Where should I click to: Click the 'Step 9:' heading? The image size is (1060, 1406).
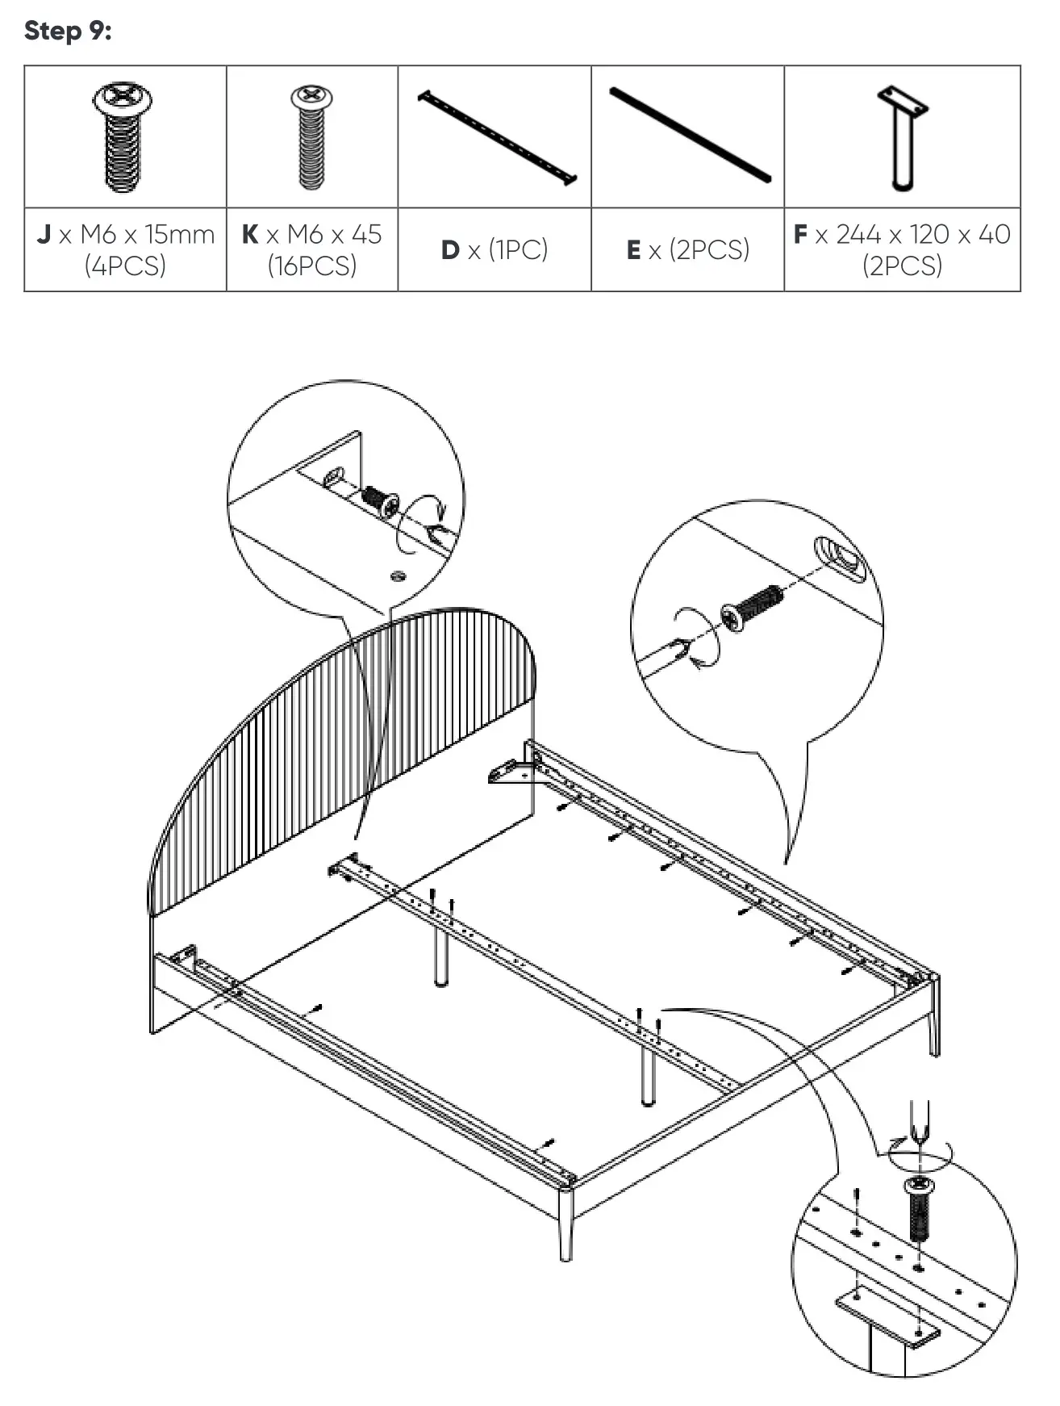(x=68, y=31)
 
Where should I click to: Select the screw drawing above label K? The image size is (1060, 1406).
(x=311, y=137)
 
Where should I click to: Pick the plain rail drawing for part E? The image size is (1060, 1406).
(x=690, y=135)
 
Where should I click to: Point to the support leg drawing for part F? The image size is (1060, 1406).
(x=903, y=137)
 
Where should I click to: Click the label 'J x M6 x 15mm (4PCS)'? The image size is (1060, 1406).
(x=125, y=249)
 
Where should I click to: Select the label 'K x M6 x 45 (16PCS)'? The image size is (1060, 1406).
(x=311, y=249)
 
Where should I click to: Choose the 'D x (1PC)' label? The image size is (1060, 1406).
(x=495, y=249)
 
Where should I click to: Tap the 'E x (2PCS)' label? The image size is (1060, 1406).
(x=688, y=249)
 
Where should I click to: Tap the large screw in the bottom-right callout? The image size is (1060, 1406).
(x=918, y=1211)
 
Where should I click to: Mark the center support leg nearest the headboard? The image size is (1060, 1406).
(x=441, y=956)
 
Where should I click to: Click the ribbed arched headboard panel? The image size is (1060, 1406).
(x=339, y=751)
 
